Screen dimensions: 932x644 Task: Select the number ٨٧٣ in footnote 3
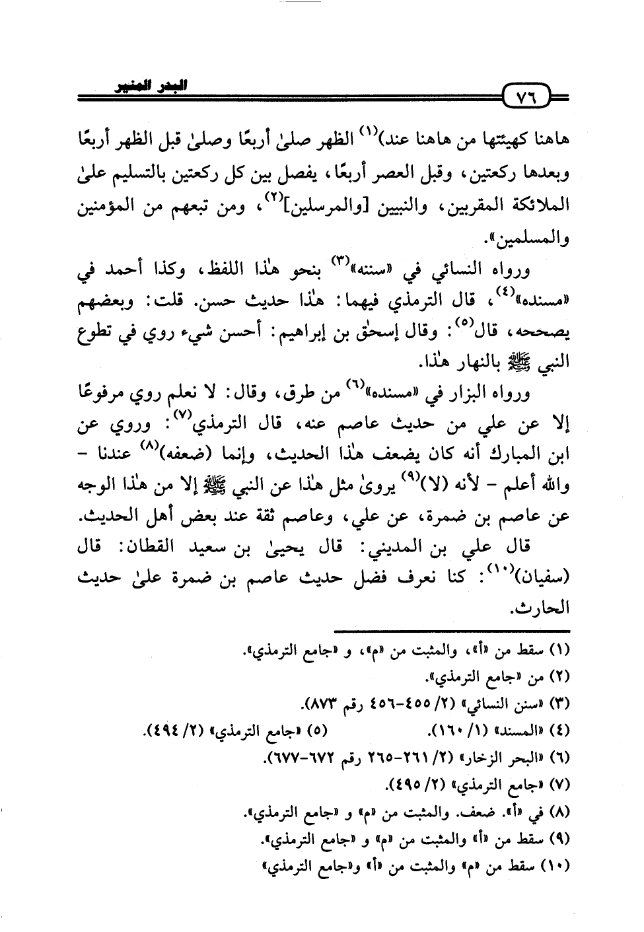tap(341, 704)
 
